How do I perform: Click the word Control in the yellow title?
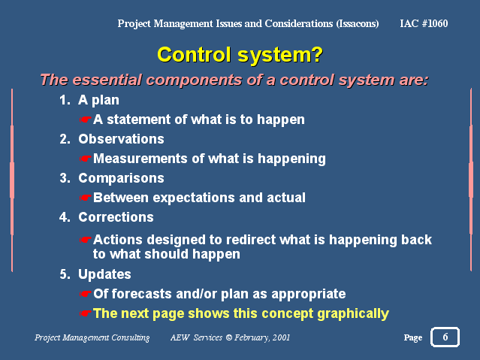point(194,55)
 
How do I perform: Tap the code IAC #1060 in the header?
point(424,23)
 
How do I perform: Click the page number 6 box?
point(445,337)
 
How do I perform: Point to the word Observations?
point(121,139)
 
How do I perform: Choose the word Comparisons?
point(121,178)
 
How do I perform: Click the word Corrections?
point(116,217)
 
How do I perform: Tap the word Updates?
point(104,274)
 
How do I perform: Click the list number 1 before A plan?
point(65,100)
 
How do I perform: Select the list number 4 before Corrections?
point(65,217)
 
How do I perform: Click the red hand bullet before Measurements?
point(86,159)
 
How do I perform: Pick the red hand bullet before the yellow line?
point(86,313)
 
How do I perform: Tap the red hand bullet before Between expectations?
point(86,198)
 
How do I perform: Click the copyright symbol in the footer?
point(229,337)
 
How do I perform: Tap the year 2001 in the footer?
point(281,337)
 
